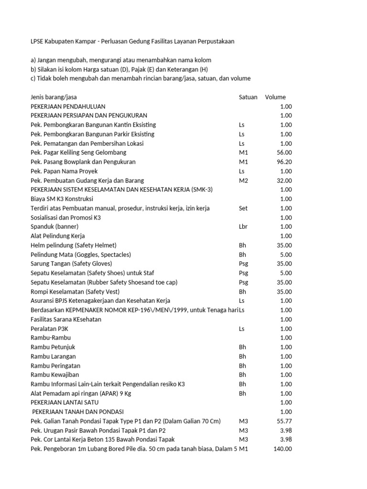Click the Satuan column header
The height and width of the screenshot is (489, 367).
(248, 97)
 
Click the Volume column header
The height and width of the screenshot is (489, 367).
(275, 97)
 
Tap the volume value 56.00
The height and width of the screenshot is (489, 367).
(284, 153)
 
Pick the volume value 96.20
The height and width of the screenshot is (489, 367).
(284, 162)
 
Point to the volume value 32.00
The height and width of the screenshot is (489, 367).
(284, 181)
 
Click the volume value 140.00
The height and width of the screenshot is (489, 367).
(282, 449)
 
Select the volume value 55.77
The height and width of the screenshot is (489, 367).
(284, 421)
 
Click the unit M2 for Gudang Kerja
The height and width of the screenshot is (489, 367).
(243, 181)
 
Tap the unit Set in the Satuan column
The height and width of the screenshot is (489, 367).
(243, 208)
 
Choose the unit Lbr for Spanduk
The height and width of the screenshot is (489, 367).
(243, 227)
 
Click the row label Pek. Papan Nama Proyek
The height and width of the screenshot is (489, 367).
(64, 171)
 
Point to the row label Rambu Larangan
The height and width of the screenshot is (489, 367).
(53, 356)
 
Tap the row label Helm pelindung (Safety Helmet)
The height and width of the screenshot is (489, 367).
(74, 245)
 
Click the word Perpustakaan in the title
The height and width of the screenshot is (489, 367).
(214, 42)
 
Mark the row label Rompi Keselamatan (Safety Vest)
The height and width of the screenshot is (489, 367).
(75, 292)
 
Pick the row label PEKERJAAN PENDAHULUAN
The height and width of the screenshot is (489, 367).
(68, 106)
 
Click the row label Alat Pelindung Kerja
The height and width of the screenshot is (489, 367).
(58, 236)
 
